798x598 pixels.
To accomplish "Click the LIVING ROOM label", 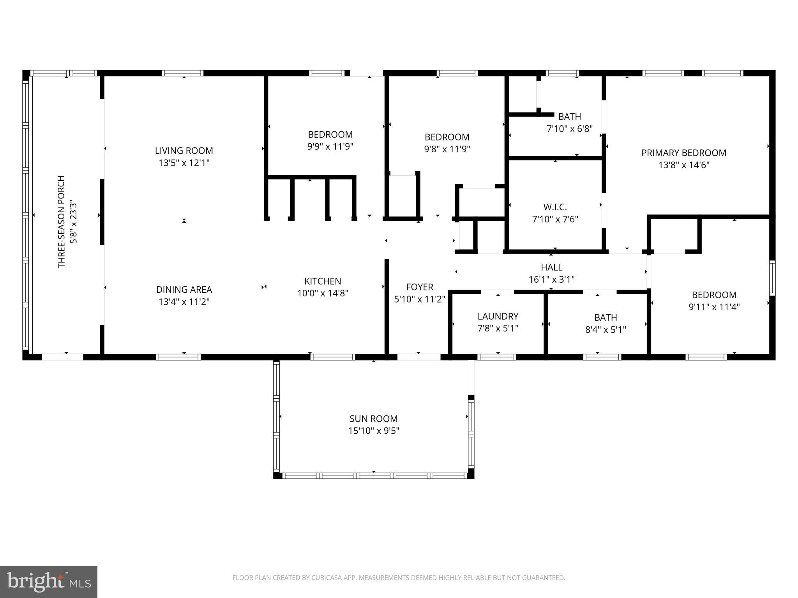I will click(184, 151).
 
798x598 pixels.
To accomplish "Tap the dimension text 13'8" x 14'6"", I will click(684, 165).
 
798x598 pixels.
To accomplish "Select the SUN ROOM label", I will click(373, 419).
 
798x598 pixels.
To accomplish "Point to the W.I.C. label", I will click(555, 207).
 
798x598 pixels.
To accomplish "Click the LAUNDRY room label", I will click(498, 316).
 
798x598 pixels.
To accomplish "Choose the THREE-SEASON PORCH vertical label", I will click(61, 222).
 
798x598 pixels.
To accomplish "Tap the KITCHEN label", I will click(323, 281).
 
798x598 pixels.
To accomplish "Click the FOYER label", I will click(420, 287).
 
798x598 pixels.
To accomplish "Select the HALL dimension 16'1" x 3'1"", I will click(551, 280).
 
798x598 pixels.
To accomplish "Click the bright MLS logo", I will click(48, 582).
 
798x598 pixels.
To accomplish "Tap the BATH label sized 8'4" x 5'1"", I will click(606, 317).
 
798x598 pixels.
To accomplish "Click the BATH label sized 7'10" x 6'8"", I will click(570, 116).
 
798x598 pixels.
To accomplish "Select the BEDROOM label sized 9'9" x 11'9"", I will click(330, 135).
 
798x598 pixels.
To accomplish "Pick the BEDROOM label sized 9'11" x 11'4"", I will click(714, 295).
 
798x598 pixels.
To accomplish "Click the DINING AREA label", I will click(184, 290).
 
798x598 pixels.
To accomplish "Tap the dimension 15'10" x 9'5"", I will click(373, 431).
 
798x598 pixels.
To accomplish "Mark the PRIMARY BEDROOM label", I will click(684, 153).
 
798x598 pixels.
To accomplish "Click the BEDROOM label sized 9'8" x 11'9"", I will click(447, 137).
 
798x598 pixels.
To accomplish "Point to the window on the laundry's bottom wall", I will click(496, 357).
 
